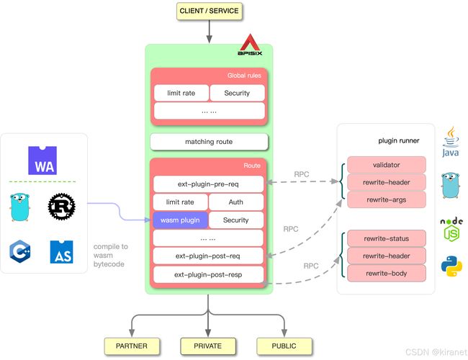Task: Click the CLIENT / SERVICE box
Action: [x=210, y=11]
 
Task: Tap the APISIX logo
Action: [x=250, y=45]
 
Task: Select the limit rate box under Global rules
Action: [x=181, y=93]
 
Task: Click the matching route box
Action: [x=209, y=142]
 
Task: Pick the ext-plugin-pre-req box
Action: [x=208, y=184]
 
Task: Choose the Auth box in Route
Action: [x=235, y=202]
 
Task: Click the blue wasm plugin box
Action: [x=180, y=220]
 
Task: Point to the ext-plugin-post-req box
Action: [x=208, y=256]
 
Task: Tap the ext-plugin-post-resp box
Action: [x=208, y=274]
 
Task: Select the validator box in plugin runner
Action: [x=387, y=165]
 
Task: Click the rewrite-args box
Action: [x=387, y=199]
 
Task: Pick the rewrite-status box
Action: [x=387, y=238]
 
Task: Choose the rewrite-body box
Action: [x=387, y=273]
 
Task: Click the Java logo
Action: [x=451, y=142]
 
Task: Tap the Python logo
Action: [x=451, y=266]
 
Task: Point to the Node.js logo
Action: [x=451, y=229]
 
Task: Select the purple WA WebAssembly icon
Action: [x=42, y=161]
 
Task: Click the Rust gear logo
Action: [x=61, y=207]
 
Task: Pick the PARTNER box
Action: [x=132, y=346]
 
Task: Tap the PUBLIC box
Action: [x=284, y=346]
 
